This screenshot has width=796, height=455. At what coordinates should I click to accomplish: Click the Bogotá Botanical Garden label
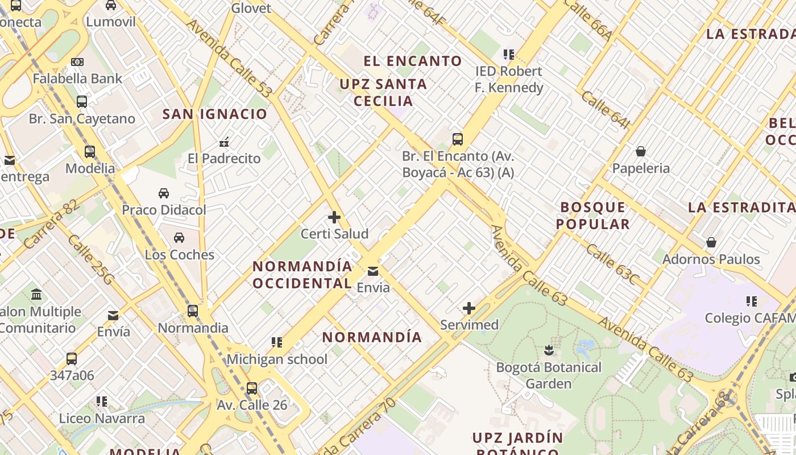click(x=549, y=375)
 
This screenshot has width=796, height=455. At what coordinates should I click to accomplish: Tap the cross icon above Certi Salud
click(x=334, y=217)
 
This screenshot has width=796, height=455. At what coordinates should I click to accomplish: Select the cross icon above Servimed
click(x=469, y=309)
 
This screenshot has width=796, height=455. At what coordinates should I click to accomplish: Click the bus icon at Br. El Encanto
click(x=458, y=139)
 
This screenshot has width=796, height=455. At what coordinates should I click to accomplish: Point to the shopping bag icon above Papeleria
click(x=641, y=151)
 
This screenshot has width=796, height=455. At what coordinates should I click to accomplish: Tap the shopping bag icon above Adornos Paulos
click(x=711, y=243)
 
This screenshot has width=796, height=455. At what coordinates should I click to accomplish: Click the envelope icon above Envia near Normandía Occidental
click(x=373, y=271)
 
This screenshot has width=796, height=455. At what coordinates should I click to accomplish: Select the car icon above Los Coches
click(x=179, y=238)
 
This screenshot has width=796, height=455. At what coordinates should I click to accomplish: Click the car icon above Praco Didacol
click(x=164, y=193)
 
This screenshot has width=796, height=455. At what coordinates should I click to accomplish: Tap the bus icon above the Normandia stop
click(x=193, y=311)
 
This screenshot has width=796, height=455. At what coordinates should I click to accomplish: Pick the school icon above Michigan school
click(x=277, y=342)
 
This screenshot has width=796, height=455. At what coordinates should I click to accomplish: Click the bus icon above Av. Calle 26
click(x=252, y=388)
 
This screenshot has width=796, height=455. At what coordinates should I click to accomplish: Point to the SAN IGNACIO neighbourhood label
click(x=215, y=114)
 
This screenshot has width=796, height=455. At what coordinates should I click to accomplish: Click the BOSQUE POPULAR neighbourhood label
click(x=593, y=216)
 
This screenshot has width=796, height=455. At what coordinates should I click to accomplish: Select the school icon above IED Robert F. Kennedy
click(x=509, y=55)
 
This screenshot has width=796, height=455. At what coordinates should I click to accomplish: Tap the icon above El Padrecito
click(x=224, y=142)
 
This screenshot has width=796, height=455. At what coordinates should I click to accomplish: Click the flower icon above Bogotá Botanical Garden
click(x=549, y=350)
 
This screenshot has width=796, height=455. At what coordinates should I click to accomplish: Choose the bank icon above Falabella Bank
click(x=77, y=61)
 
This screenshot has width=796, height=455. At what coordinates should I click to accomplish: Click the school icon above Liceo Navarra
click(x=102, y=402)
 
